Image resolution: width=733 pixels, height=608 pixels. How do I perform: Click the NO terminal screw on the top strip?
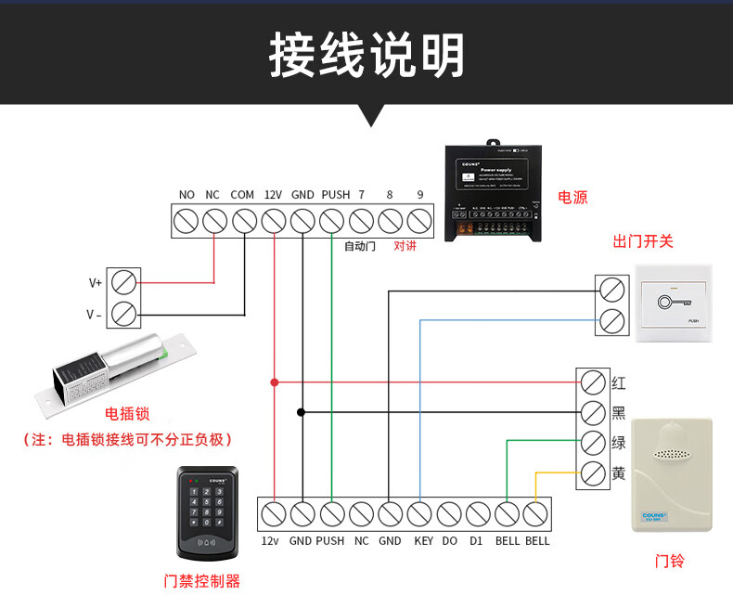[186, 222]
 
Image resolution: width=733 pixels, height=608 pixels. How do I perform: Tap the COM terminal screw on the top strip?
[244, 222]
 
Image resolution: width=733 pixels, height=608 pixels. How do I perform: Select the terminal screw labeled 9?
[419, 222]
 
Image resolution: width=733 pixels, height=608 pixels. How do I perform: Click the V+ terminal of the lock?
[123, 281]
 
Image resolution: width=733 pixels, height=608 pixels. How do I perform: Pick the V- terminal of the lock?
[123, 314]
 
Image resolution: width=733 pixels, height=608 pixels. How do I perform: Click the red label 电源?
[572, 197]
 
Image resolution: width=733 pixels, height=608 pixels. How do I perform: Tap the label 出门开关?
[643, 241]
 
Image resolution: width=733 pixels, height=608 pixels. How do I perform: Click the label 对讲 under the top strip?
[405, 246]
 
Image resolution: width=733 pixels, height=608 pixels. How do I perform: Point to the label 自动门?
[360, 246]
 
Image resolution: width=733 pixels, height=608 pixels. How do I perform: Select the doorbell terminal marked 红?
[593, 382]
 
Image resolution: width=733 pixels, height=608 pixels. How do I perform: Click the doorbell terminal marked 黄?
[593, 473]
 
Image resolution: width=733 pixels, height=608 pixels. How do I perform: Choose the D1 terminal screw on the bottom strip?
[479, 513]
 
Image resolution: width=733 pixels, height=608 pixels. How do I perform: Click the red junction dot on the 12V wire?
[274, 382]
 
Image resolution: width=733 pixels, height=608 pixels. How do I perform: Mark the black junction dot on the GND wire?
[302, 411]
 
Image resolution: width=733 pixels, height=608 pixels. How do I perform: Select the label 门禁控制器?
[201, 581]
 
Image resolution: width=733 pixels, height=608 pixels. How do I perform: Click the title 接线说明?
[366, 56]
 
